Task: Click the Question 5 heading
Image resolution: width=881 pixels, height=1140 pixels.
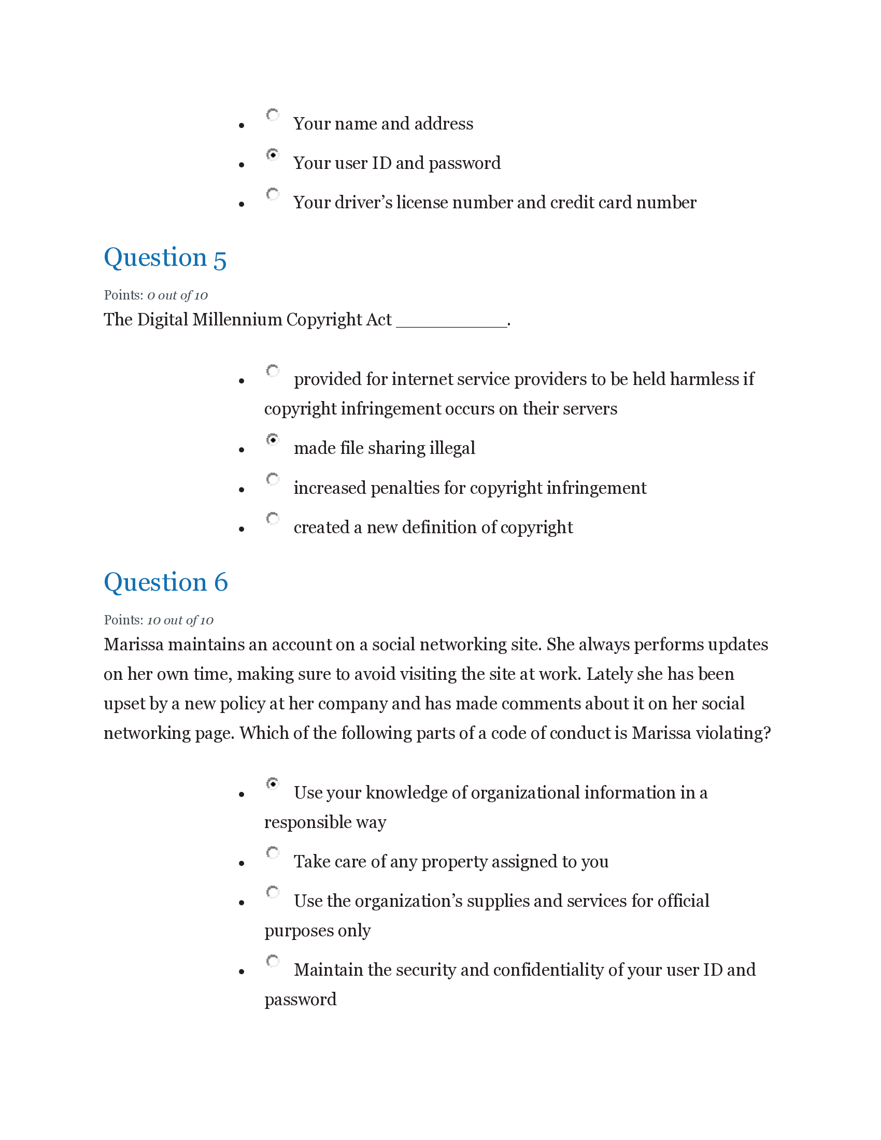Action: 165,258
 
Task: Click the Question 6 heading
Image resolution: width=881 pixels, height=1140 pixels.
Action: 166,582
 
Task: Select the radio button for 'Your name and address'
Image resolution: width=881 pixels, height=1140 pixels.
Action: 273,115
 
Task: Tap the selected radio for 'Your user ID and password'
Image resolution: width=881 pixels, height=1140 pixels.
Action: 273,154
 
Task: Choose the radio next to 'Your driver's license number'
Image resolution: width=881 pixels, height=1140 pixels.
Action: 273,194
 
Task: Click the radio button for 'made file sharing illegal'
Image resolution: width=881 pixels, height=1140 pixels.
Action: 273,439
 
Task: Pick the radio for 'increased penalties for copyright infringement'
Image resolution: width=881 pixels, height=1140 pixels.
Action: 273,479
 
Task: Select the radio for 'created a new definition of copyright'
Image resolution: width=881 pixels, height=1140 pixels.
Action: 273,519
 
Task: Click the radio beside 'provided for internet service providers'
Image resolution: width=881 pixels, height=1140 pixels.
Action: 273,370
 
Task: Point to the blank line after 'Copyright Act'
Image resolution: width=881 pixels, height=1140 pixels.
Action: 451,323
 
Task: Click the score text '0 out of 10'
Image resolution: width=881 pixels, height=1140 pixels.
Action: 177,295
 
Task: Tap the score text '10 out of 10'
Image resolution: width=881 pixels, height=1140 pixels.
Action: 180,620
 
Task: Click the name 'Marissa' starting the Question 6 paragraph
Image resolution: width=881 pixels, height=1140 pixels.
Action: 134,645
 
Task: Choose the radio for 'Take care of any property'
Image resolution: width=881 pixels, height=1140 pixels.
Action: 273,853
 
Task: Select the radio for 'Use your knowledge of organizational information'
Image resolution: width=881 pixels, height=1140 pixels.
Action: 273,784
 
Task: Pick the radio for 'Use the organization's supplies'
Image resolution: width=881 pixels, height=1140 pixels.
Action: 273,893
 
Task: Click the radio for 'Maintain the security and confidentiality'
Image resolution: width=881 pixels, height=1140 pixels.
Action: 273,961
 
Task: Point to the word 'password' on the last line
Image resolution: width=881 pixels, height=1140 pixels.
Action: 300,1000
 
